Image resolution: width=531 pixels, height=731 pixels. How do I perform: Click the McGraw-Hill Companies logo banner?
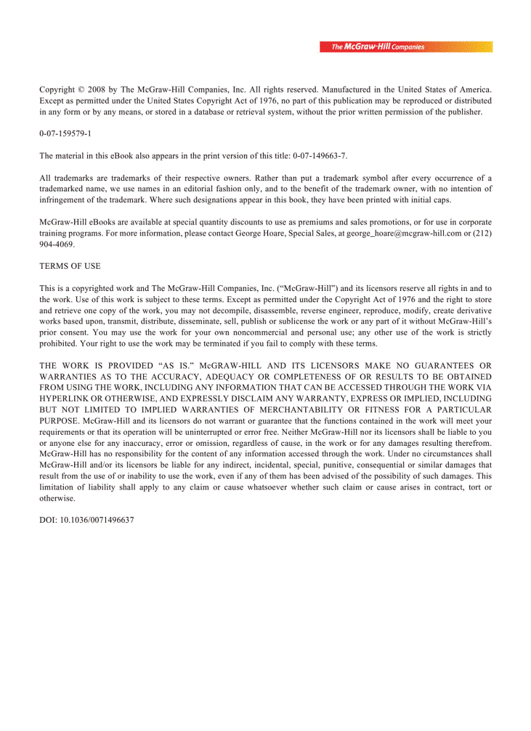405,47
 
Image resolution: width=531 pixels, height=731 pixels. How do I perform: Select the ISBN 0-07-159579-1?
65,133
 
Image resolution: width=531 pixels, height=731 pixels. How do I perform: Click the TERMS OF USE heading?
70,266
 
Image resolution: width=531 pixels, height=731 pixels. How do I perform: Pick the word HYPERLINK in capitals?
66,399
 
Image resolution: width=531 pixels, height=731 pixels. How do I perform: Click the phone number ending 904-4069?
57,244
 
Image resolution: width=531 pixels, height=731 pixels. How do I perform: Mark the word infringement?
65,200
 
